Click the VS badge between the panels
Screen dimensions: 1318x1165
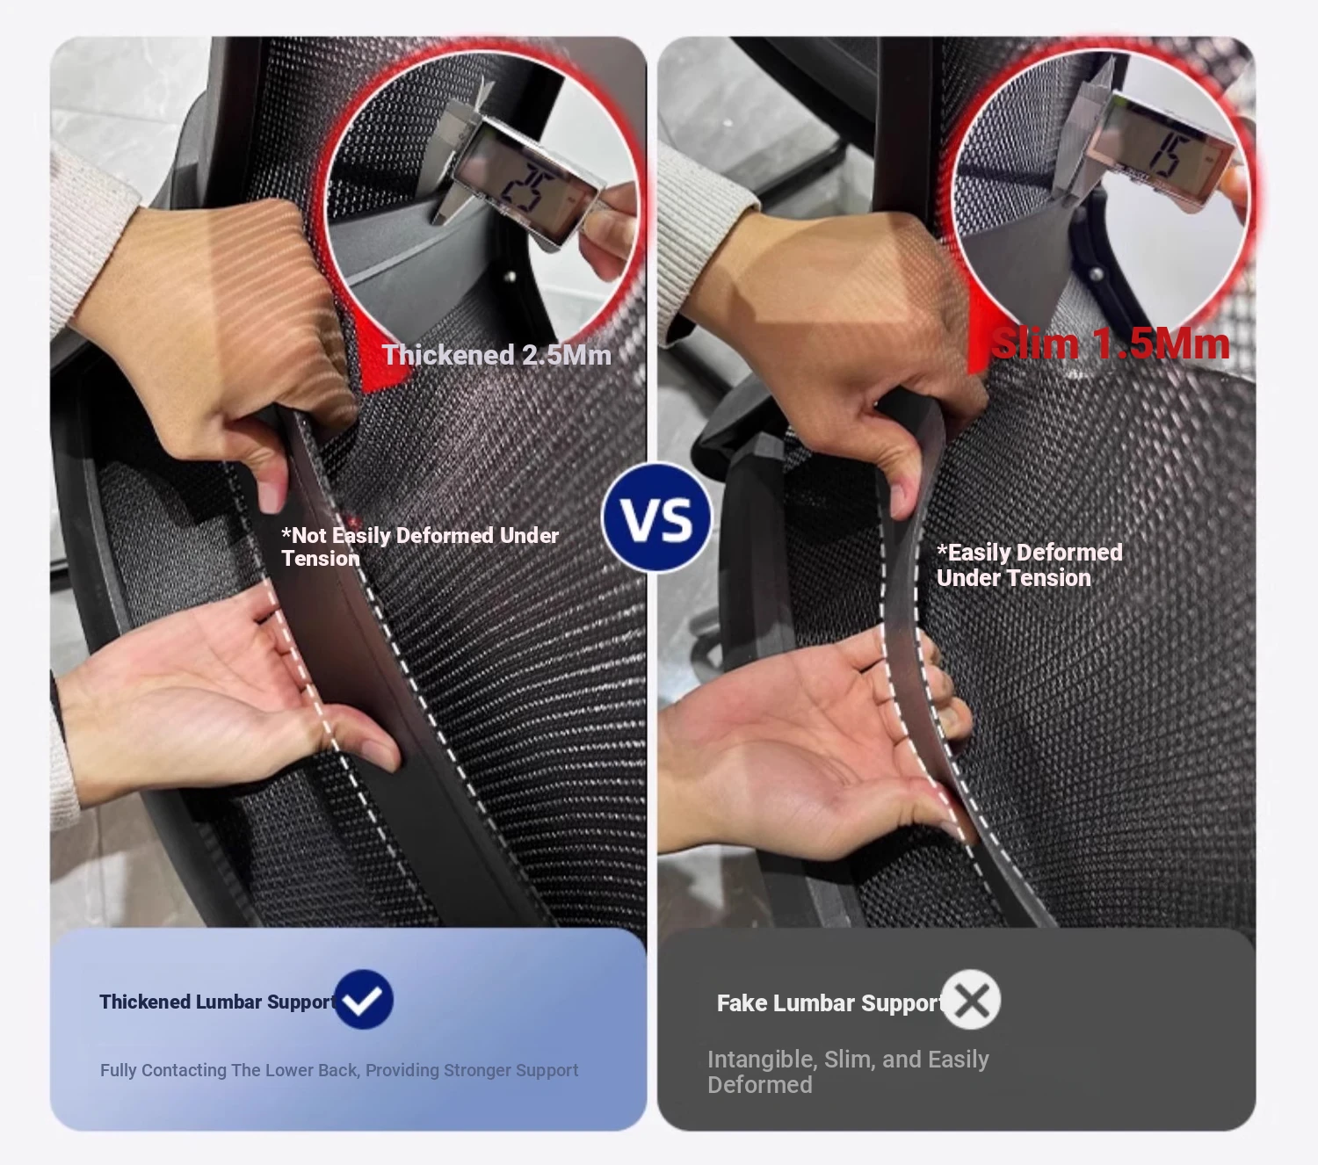pyautogui.click(x=656, y=517)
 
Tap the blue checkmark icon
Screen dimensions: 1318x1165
pyautogui.click(x=363, y=1000)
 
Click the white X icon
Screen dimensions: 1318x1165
pyautogui.click(x=971, y=1000)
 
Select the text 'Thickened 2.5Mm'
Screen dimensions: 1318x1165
pyautogui.click(x=496, y=355)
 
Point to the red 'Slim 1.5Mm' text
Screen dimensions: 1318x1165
pyautogui.click(x=1111, y=344)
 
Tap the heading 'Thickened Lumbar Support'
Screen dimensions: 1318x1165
pyautogui.click(x=218, y=1002)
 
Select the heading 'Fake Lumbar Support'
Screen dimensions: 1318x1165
pyautogui.click(x=829, y=1003)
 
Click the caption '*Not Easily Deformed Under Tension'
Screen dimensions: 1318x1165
pyautogui.click(x=420, y=547)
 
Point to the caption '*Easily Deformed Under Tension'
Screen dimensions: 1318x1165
pyautogui.click(x=1029, y=565)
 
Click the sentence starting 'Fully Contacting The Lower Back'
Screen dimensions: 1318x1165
pyautogui.click(x=339, y=1071)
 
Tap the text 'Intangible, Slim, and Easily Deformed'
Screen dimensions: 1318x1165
pyautogui.click(x=848, y=1072)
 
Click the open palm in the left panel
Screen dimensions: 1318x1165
pyautogui.click(x=214, y=703)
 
